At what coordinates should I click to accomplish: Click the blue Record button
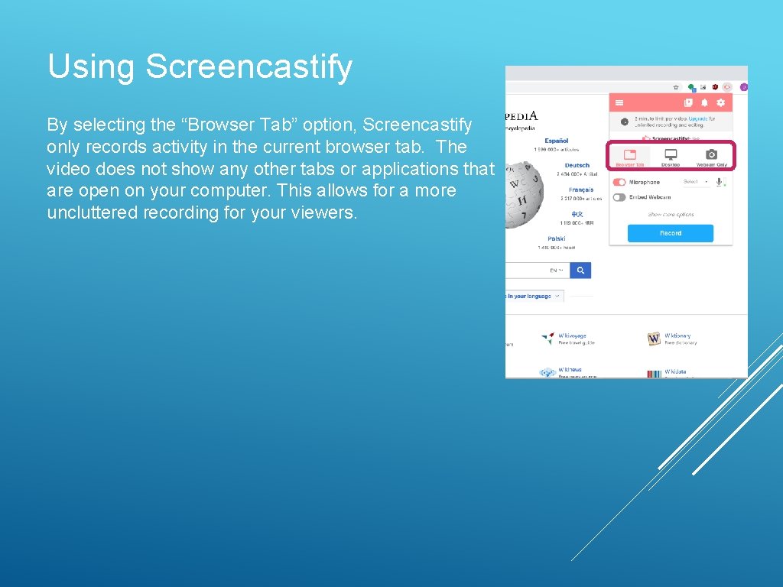(x=670, y=233)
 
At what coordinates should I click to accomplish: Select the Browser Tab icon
(x=629, y=154)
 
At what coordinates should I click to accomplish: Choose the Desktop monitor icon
(x=671, y=154)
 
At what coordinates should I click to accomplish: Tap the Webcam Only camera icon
(x=711, y=154)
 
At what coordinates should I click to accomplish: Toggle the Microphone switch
(x=619, y=182)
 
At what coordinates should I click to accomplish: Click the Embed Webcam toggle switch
(x=619, y=197)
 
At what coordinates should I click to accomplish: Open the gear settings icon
(x=720, y=102)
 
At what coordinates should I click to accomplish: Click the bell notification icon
(x=704, y=102)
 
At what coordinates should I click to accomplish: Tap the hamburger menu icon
(x=619, y=102)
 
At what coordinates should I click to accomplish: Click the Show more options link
(x=671, y=215)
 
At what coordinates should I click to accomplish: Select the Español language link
(x=557, y=141)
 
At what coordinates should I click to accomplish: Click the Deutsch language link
(x=577, y=165)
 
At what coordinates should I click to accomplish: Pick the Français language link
(x=581, y=190)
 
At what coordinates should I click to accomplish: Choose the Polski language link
(x=557, y=238)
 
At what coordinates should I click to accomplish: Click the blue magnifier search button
(x=581, y=270)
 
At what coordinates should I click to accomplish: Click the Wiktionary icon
(x=654, y=338)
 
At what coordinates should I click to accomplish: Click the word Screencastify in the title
(x=249, y=66)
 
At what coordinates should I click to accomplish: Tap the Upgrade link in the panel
(x=697, y=118)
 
